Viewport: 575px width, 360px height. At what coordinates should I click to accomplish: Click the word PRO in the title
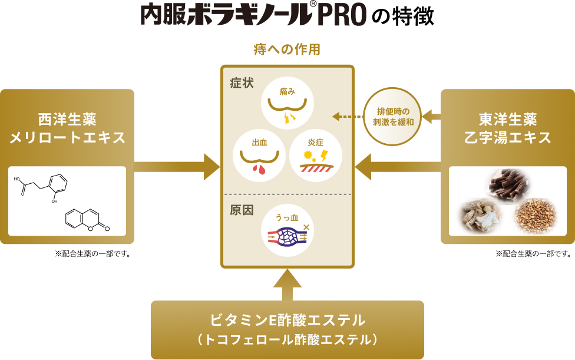342,15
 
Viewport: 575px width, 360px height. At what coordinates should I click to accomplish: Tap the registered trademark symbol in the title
313,4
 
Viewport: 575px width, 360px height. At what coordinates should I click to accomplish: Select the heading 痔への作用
287,49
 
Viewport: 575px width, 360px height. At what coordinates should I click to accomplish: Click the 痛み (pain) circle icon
287,103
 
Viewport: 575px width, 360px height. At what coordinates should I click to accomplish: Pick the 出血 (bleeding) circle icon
259,156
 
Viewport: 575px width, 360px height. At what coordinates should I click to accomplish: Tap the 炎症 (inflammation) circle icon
316,156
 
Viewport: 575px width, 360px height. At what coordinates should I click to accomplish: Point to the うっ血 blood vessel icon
287,230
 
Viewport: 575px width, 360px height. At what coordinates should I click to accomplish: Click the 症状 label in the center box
242,83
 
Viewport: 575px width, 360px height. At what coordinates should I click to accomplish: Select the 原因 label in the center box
242,210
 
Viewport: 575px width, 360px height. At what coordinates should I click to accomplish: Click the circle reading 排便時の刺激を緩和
393,117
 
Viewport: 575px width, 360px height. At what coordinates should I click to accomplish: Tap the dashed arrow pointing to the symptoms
348,117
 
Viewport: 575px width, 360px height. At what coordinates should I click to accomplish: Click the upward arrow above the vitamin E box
287,285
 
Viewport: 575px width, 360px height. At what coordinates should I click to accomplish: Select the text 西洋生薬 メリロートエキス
68,128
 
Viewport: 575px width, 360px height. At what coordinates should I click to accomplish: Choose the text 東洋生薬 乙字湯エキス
507,128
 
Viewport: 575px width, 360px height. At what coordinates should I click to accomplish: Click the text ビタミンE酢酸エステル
287,320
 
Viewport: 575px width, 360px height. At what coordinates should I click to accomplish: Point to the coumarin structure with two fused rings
87,220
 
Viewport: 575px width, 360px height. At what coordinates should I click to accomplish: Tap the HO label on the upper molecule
17,179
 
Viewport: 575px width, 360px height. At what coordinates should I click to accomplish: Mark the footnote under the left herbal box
92,254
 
